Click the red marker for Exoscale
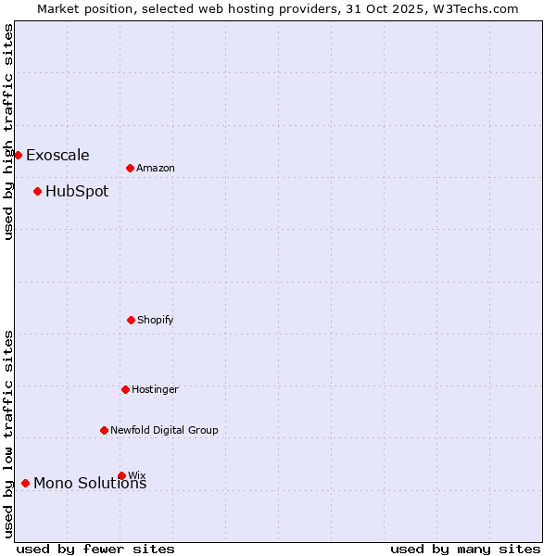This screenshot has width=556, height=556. tap(18, 155)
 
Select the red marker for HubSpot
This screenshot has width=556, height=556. tap(37, 192)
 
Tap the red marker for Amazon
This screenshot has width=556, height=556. tap(130, 168)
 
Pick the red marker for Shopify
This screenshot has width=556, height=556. tap(131, 320)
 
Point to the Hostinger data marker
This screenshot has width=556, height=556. tap(125, 389)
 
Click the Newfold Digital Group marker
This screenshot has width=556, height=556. tap(104, 430)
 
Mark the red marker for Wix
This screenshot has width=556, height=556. tap(121, 475)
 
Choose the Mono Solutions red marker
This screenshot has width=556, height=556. tap(25, 483)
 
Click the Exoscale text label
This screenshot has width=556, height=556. tap(57, 155)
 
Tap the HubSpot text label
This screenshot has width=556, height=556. tap(77, 192)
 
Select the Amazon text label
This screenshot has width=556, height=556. tap(156, 168)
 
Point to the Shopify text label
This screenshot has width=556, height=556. tap(156, 320)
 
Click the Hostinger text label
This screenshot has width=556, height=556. tap(155, 389)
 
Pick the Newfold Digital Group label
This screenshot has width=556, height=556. tap(164, 430)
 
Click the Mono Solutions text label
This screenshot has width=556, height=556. tap(90, 484)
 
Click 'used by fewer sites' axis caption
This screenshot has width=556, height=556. tap(95, 549)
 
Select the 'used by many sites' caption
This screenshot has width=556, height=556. tap(464, 549)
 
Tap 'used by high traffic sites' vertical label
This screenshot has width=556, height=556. tap(8, 132)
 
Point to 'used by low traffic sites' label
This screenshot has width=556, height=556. tap(8, 434)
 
